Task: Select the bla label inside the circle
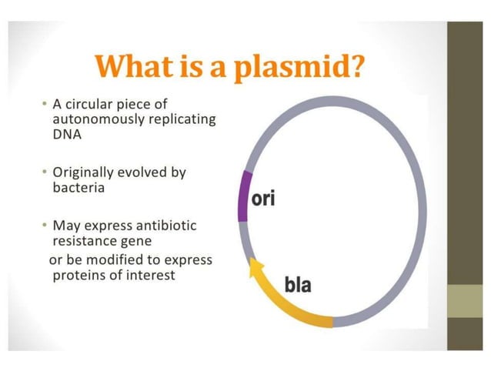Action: click(x=298, y=285)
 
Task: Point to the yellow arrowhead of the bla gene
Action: click(x=254, y=268)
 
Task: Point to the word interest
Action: click(x=151, y=274)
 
